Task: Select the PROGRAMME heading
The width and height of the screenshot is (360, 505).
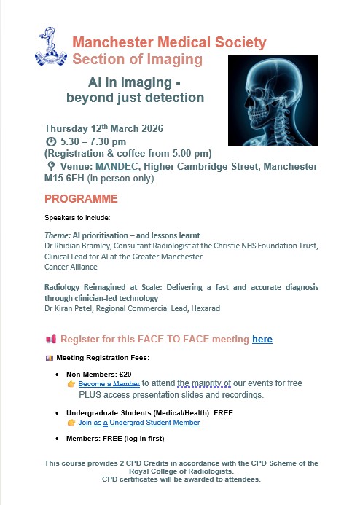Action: [x=81, y=199]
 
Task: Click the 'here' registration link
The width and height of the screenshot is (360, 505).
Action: [x=262, y=340]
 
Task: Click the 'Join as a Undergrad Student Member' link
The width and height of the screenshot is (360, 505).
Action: [x=139, y=422]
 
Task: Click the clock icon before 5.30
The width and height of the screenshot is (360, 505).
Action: [x=50, y=141]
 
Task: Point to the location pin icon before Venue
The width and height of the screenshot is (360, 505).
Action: [x=49, y=167]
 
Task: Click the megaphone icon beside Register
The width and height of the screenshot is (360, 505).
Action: [x=50, y=340]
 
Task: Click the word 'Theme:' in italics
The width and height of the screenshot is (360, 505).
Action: [x=57, y=235]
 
